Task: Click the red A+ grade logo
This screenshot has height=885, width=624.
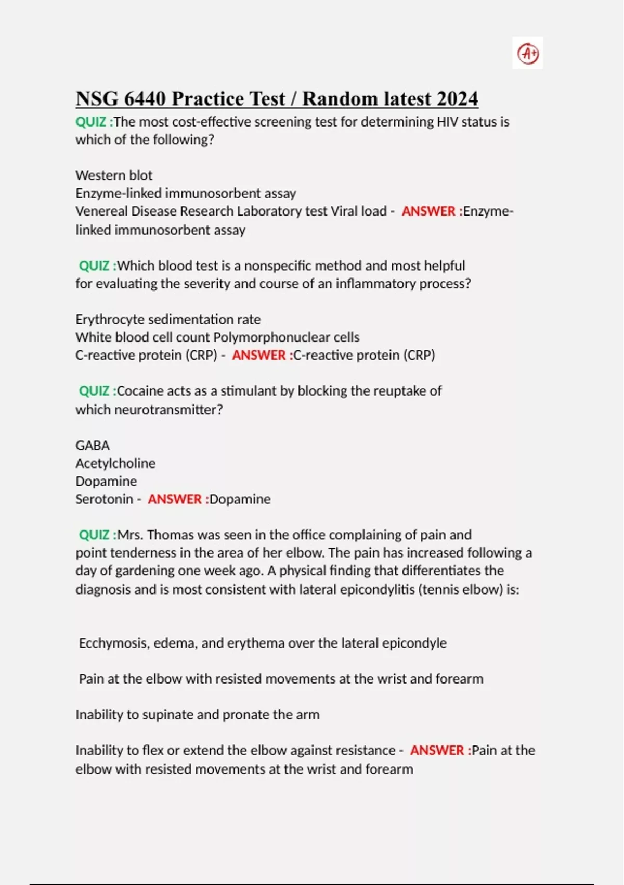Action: pyautogui.click(x=528, y=53)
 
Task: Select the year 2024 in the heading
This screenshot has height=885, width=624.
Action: pyautogui.click(x=458, y=98)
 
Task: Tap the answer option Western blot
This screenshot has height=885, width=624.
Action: pyautogui.click(x=114, y=175)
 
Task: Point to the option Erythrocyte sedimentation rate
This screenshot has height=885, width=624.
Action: pyautogui.click(x=168, y=319)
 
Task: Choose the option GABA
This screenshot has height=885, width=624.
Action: pyautogui.click(x=93, y=446)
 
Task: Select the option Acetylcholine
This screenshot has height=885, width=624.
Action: pyautogui.click(x=115, y=463)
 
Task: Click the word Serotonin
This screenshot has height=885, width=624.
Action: pyautogui.click(x=104, y=499)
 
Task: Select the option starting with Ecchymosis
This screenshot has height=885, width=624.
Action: pyautogui.click(x=263, y=643)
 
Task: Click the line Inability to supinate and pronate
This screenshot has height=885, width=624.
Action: pyautogui.click(x=198, y=715)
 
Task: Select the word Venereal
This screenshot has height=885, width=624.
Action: pyautogui.click(x=101, y=211)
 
